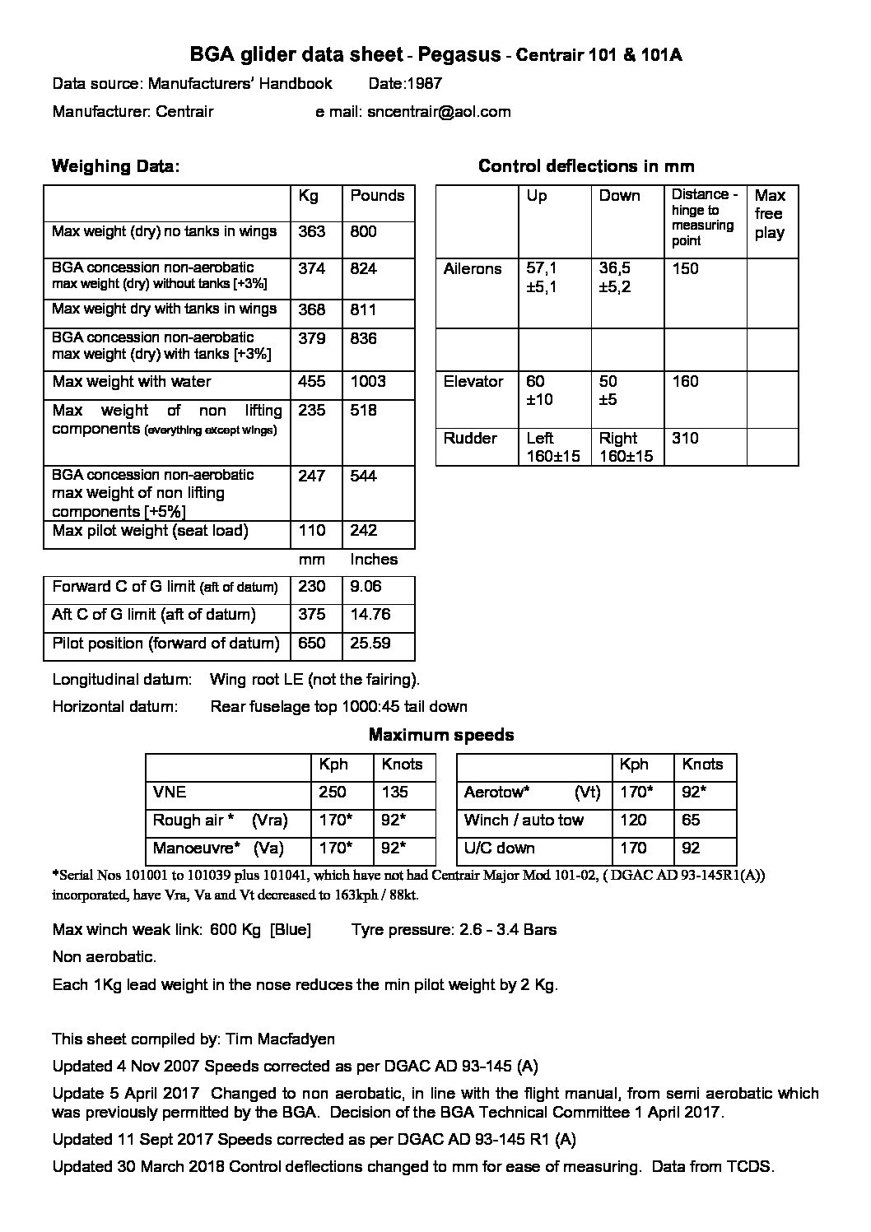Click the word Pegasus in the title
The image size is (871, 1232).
click(x=459, y=55)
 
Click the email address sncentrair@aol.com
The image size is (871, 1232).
click(x=438, y=112)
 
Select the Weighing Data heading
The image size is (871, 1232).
click(x=115, y=166)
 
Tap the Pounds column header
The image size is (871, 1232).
click(x=377, y=196)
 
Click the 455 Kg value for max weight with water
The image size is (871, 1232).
click(x=312, y=382)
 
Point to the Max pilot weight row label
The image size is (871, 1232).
click(x=150, y=531)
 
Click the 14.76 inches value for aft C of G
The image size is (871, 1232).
click(x=370, y=615)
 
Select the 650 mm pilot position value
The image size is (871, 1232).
click(x=312, y=643)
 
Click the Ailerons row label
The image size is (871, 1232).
click(x=473, y=269)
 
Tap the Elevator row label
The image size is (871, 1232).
click(x=473, y=382)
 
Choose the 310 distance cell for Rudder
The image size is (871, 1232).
click(x=685, y=439)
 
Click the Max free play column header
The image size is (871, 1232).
click(x=770, y=214)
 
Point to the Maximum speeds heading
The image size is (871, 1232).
click(x=441, y=735)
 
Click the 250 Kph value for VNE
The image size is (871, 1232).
click(x=333, y=793)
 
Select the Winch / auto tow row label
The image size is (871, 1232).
click(x=524, y=821)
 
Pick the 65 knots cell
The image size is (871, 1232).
click(x=692, y=821)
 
